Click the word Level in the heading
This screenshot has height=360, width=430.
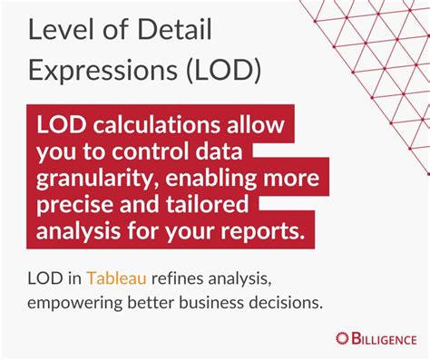54,32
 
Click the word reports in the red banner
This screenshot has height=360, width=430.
265,232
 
